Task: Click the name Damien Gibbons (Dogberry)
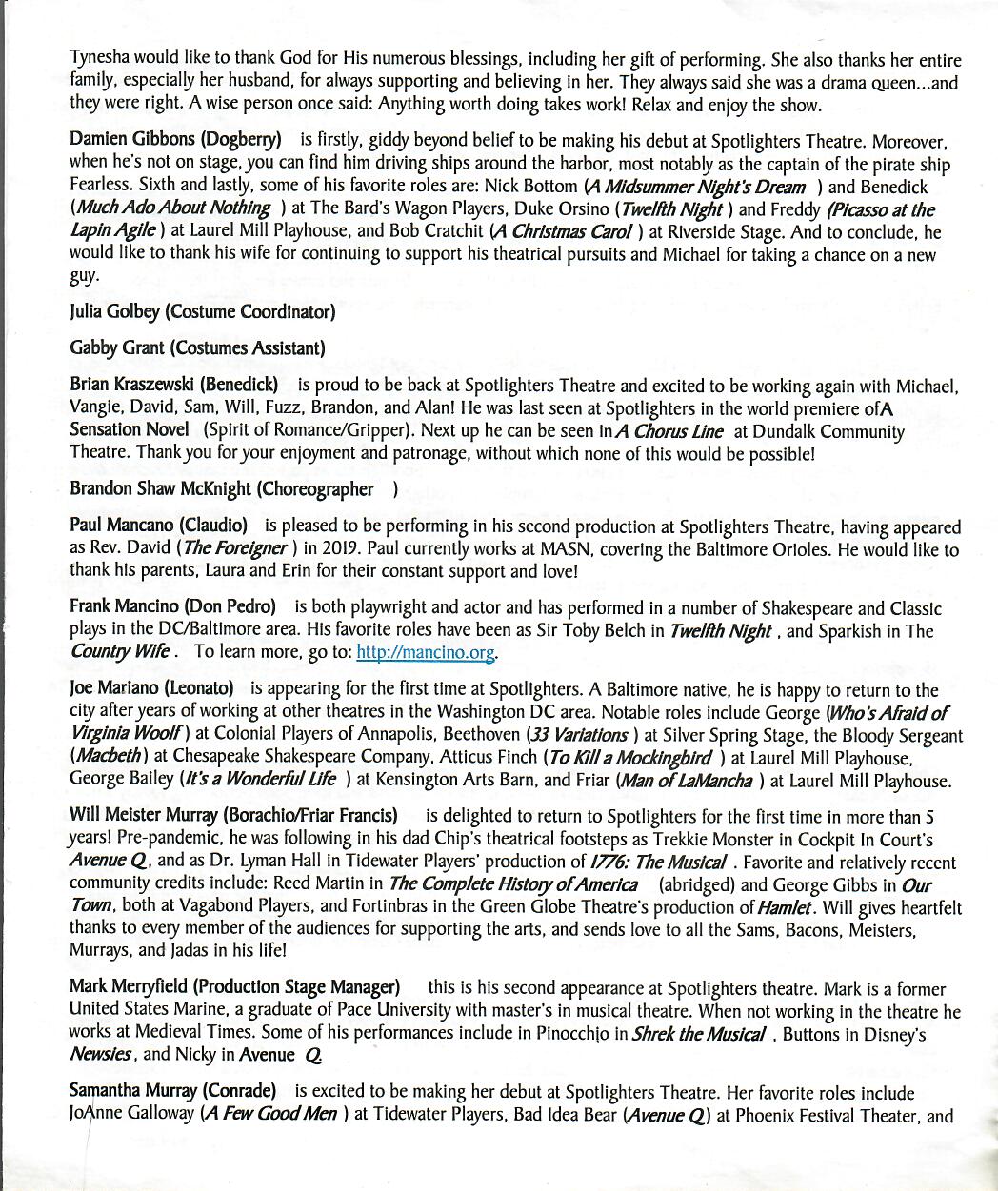click(x=175, y=140)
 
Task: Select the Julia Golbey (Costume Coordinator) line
click(x=202, y=311)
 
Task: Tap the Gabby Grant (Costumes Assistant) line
click(x=197, y=348)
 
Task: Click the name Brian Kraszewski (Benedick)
click(x=174, y=386)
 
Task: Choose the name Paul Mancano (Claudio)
click(x=158, y=526)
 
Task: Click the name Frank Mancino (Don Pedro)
click(x=172, y=607)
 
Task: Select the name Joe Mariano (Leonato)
click(x=151, y=689)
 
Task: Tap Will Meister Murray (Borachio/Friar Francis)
click(x=233, y=816)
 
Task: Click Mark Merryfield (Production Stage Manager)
click(x=234, y=988)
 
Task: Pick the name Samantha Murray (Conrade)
click(x=173, y=1092)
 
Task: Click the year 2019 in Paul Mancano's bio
click(x=335, y=549)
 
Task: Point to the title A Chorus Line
click(x=669, y=431)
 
